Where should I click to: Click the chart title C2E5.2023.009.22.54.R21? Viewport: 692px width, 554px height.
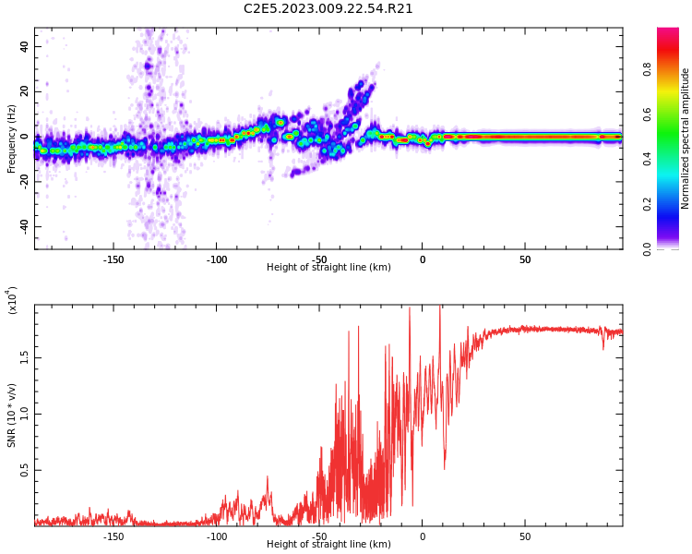coord(328,9)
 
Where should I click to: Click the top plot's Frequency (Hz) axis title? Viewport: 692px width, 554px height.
coord(12,138)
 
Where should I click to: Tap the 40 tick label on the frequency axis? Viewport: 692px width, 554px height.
coord(24,46)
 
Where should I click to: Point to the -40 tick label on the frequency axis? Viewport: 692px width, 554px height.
coord(22,226)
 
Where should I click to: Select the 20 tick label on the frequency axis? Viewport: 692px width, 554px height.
coord(24,91)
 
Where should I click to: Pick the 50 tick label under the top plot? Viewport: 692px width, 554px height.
coord(524,260)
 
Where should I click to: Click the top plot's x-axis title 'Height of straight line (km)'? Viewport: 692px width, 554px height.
coord(328,268)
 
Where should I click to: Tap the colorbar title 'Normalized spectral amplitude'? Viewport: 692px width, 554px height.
coord(686,138)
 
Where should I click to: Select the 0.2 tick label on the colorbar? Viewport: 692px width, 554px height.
coord(673,204)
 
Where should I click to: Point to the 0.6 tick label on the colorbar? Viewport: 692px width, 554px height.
coord(673,114)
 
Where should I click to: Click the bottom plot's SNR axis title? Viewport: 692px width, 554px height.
coord(12,415)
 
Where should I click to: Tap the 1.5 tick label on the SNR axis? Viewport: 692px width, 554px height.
coord(24,357)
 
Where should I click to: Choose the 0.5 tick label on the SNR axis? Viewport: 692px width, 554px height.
coord(24,470)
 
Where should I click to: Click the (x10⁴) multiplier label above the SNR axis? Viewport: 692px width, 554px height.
coord(13,299)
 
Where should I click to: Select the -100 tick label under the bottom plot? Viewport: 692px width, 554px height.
coord(216,537)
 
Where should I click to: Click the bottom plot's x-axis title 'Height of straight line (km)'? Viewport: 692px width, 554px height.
coord(328,545)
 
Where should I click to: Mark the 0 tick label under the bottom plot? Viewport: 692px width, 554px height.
coord(422,537)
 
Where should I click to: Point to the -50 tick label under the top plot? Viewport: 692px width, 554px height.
coord(319,260)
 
